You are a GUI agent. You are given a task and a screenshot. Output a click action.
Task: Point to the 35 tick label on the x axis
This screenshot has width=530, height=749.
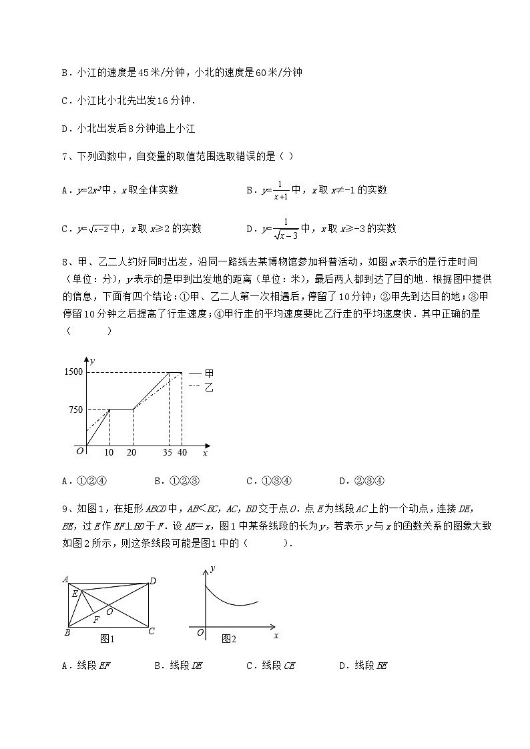click(x=168, y=452)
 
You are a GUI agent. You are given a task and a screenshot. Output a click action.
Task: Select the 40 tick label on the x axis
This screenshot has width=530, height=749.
click(x=182, y=452)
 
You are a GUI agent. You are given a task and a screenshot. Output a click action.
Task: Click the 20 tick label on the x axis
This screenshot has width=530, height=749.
click(x=133, y=452)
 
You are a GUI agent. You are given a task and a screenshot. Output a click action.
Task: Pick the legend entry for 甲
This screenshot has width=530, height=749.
click(x=202, y=373)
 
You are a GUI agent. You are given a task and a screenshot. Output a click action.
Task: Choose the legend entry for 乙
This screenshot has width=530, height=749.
click(x=202, y=386)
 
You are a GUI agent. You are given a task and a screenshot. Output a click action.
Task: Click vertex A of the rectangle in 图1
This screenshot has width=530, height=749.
click(x=66, y=579)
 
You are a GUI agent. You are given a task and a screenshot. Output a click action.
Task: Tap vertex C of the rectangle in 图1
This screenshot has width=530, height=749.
click(x=152, y=631)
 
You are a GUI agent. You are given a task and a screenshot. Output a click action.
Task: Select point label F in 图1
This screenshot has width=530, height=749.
click(x=97, y=620)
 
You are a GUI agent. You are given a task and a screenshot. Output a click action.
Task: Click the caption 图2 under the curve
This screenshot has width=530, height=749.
click(x=228, y=639)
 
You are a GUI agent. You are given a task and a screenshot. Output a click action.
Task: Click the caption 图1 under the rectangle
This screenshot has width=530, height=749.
click(x=107, y=639)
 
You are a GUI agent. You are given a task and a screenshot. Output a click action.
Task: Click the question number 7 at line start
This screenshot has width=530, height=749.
click(x=63, y=157)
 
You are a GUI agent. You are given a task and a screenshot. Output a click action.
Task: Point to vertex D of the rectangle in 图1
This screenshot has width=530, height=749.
click(x=152, y=581)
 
